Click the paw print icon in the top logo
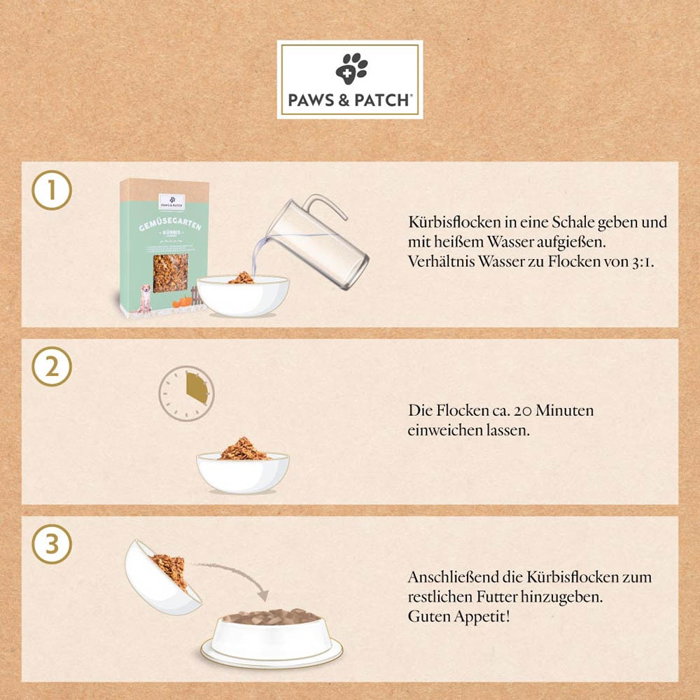click(351, 68)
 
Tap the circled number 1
click(52, 190)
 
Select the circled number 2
click(52, 367)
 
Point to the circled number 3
click(52, 544)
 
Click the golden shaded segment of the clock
click(197, 387)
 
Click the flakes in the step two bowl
click(242, 449)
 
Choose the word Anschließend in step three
click(453, 577)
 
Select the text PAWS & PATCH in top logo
click(349, 100)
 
